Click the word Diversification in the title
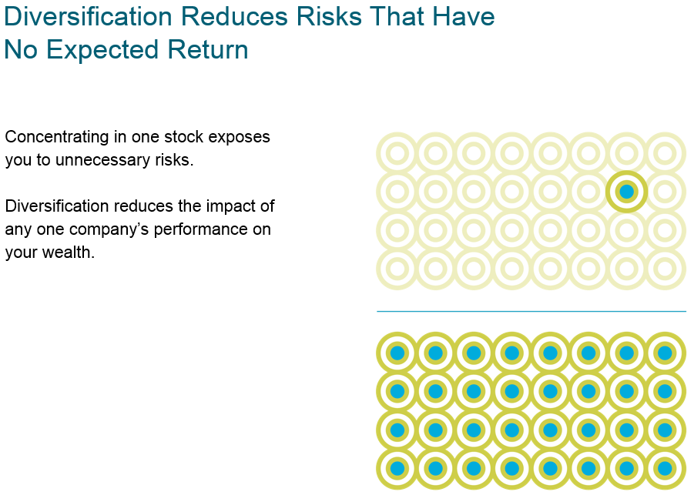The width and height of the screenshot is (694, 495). click(x=88, y=16)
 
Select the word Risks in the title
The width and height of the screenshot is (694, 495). click(x=329, y=16)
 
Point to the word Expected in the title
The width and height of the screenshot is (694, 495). click(x=102, y=49)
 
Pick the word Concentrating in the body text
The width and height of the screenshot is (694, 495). click(x=57, y=137)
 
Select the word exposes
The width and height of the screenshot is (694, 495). click(x=239, y=138)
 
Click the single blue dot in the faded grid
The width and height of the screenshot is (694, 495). click(x=627, y=192)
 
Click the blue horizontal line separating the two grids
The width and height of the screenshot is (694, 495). click(x=531, y=312)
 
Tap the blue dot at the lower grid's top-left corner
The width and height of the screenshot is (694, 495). click(x=397, y=353)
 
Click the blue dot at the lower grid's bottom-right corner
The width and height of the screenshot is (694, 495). click(x=666, y=469)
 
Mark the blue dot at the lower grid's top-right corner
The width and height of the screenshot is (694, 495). click(x=666, y=353)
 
